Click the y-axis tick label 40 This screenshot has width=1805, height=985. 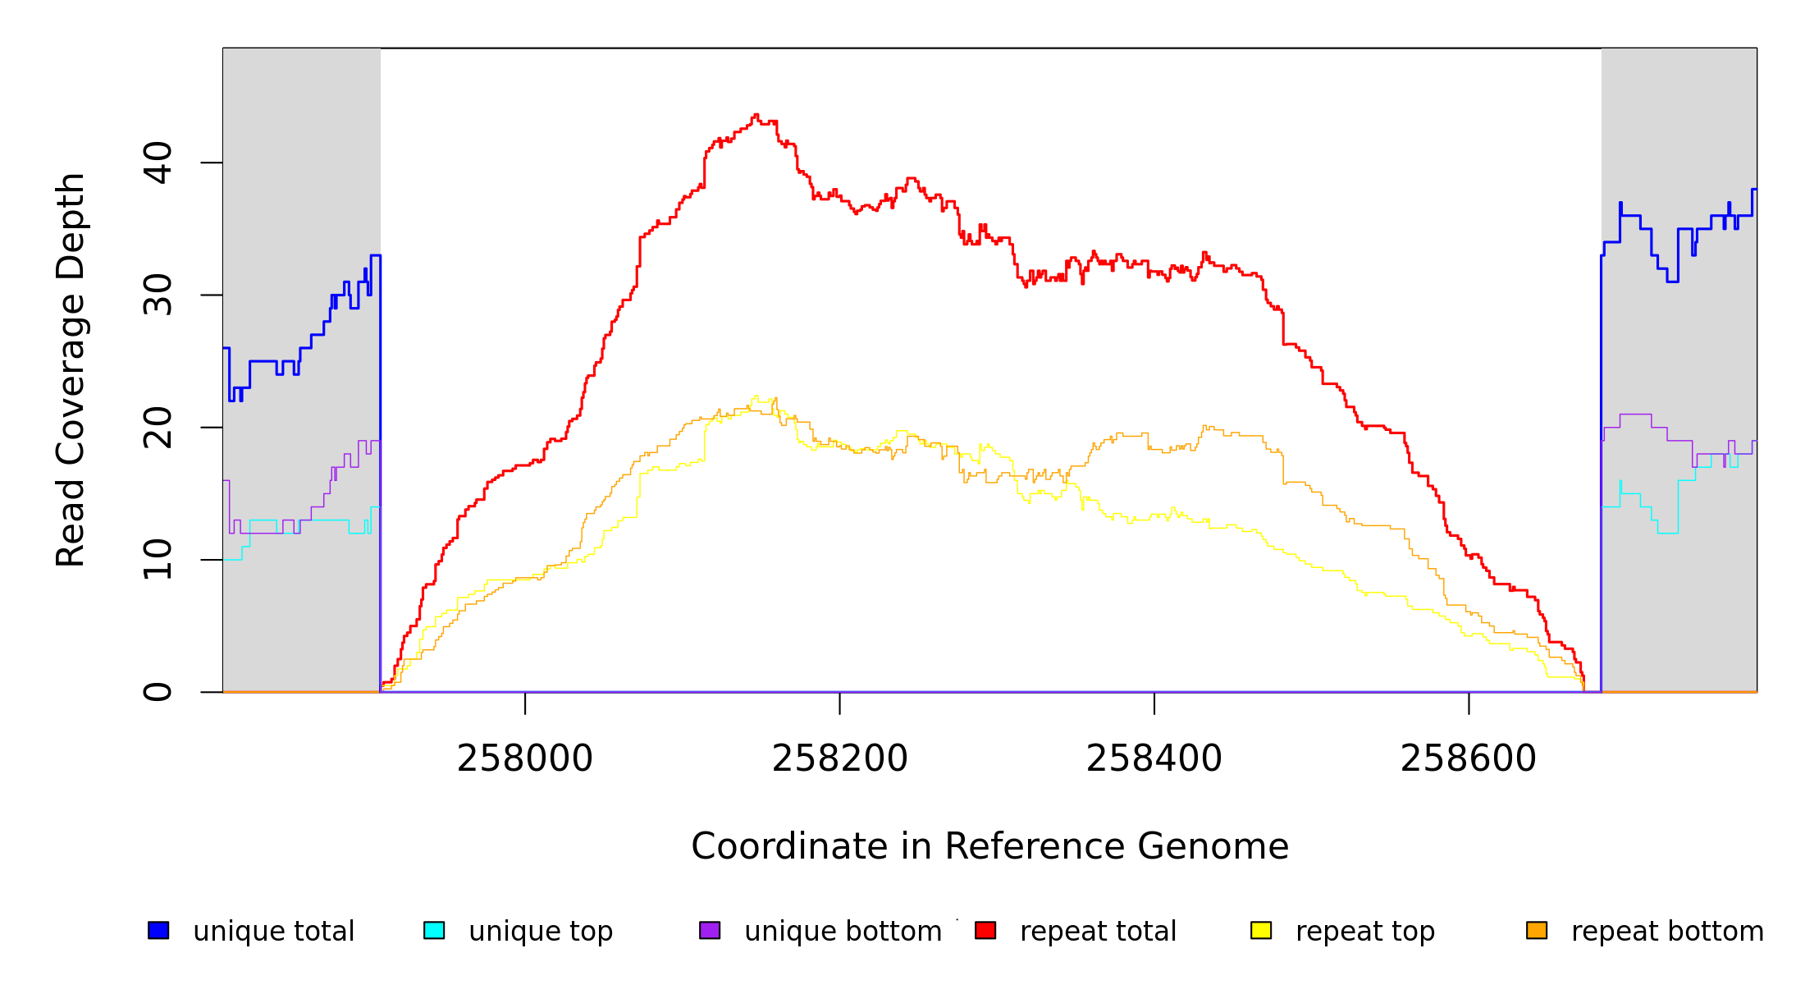pyautogui.click(x=158, y=163)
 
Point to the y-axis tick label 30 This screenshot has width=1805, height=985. pyautogui.click(x=158, y=295)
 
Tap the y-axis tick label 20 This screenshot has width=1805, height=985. pyautogui.click(x=158, y=428)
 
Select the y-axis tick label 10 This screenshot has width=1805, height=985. pyautogui.click(x=158, y=560)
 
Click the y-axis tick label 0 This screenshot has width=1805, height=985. pyautogui.click(x=158, y=692)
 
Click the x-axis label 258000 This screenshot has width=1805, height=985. pyautogui.click(x=525, y=758)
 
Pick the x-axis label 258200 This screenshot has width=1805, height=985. pyautogui.click(x=839, y=758)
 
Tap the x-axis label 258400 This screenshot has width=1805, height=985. pyautogui.click(x=1154, y=758)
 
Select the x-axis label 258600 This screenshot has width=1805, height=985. pyautogui.click(x=1468, y=758)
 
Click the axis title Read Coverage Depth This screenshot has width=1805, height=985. pyautogui.click(x=71, y=369)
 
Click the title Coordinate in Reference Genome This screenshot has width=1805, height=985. pyautogui.click(x=989, y=846)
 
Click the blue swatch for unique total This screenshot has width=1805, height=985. pyautogui.click(x=158, y=930)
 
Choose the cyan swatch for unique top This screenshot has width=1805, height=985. pyautogui.click(x=434, y=930)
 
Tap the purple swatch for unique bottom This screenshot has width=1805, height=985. pyautogui.click(x=710, y=930)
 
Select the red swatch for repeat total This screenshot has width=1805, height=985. pyautogui.click(x=985, y=930)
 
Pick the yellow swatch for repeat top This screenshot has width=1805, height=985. pyautogui.click(x=1261, y=930)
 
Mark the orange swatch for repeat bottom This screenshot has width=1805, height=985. pyautogui.click(x=1537, y=930)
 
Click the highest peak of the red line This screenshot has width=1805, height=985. pyautogui.click(x=756, y=115)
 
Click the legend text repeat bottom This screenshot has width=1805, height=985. pyautogui.click(x=1667, y=932)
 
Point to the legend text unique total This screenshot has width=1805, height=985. pyautogui.click(x=273, y=932)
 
